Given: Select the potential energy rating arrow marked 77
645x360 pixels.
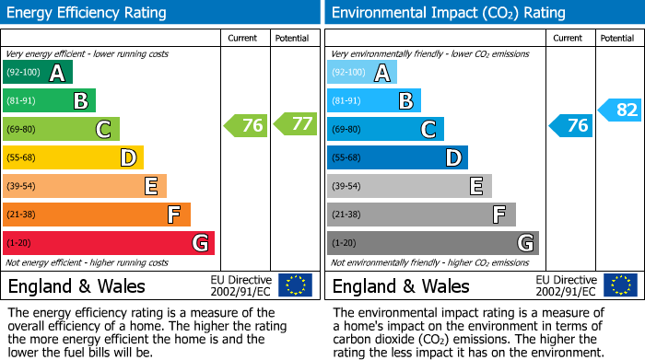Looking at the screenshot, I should (x=295, y=123).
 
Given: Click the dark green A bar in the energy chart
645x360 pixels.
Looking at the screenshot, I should (x=38, y=73).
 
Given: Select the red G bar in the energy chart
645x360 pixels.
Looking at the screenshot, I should (x=109, y=243).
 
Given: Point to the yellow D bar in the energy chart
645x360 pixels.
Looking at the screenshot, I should (x=74, y=158).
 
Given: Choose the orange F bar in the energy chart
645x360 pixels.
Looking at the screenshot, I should (x=97, y=215).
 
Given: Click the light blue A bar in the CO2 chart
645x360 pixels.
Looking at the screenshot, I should (x=362, y=73).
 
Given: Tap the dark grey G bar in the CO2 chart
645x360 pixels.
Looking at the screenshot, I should (x=433, y=243).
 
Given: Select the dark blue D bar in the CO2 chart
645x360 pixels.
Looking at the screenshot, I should (x=397, y=158).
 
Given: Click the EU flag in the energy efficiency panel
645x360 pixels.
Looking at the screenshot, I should (x=295, y=285).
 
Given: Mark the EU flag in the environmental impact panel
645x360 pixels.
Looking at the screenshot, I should (x=619, y=285).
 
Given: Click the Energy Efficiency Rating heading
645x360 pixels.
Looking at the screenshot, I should (x=88, y=13).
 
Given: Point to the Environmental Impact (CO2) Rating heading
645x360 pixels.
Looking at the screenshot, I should (x=448, y=13).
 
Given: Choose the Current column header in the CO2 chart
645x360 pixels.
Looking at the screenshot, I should (x=569, y=38).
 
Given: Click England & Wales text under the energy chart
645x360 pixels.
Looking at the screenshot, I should (x=76, y=286).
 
